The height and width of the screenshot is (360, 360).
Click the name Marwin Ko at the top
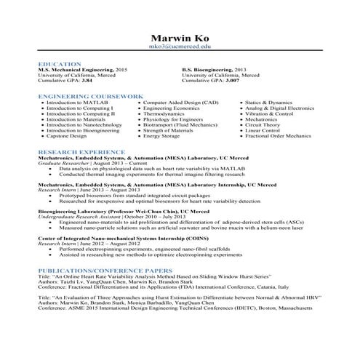pyautogui.click(x=180, y=37)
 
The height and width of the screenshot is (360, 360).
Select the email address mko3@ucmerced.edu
pyautogui.click(x=180, y=47)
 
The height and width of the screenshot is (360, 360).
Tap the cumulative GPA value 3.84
pyautogui.click(x=87, y=81)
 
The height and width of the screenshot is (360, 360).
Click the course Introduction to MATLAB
pyautogui.click(x=76, y=103)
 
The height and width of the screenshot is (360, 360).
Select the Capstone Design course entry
pyautogui.click(x=68, y=136)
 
